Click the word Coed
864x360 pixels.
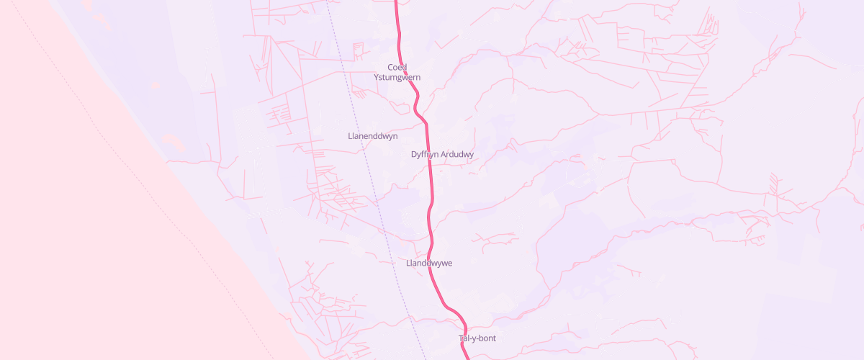point(397,67)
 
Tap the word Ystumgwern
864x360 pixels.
point(397,77)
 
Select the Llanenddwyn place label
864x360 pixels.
point(372,135)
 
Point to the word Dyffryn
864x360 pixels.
point(425,154)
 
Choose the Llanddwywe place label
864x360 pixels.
point(428,263)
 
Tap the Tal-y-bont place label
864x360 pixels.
point(477,338)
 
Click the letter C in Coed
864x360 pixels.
point(390,67)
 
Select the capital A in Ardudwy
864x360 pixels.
point(443,154)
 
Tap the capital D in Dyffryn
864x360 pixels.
point(413,154)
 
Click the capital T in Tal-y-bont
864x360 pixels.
point(462,338)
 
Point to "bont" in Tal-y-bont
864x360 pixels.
point(487,338)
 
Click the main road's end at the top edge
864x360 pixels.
point(396,1)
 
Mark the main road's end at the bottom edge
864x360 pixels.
point(467,358)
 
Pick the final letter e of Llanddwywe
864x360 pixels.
point(449,263)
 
